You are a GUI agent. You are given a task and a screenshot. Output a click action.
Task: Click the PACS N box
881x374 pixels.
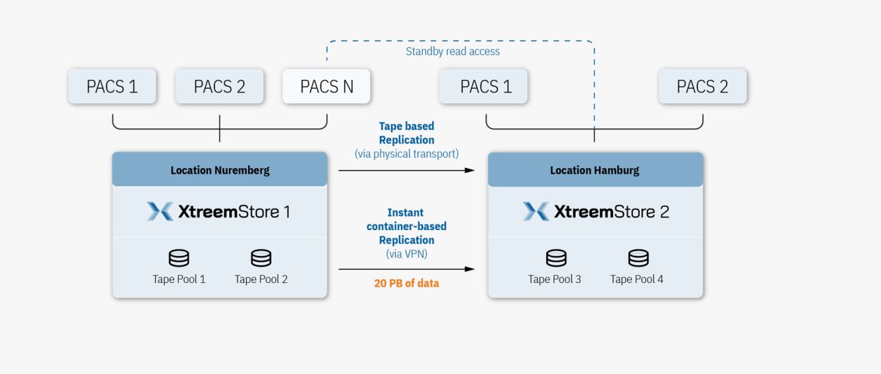point(326,86)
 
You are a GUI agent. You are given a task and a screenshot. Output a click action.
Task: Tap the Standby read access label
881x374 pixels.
point(452,52)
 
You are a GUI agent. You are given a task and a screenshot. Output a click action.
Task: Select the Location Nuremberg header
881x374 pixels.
point(220,169)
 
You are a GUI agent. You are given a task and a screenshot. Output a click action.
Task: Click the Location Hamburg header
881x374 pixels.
point(595,169)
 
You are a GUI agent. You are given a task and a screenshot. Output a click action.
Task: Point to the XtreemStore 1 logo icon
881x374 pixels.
point(160,212)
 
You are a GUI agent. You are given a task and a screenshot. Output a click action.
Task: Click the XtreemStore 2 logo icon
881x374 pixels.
point(536,212)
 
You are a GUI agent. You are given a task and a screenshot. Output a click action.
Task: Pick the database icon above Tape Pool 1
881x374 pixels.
point(179,258)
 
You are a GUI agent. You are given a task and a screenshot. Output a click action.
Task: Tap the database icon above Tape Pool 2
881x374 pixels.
point(261,258)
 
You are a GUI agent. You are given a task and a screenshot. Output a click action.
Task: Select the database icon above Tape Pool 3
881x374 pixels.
point(556,258)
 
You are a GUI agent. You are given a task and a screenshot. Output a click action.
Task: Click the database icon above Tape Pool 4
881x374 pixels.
point(639,258)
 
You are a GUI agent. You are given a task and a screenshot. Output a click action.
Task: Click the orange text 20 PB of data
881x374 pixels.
point(406,284)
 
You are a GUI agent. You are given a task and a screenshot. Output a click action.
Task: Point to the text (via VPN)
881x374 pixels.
point(406,254)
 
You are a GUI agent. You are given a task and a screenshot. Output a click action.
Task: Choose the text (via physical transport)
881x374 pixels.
point(406,154)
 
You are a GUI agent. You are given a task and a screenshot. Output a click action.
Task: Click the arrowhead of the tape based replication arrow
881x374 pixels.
point(469,171)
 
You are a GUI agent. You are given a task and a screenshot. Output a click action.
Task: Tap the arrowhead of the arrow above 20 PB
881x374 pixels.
point(469,270)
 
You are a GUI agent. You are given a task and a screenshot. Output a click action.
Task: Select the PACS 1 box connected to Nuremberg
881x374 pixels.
point(112,86)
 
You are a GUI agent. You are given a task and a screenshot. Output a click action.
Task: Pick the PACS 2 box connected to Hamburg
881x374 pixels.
point(703,86)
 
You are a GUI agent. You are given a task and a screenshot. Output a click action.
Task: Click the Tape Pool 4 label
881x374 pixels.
point(636,279)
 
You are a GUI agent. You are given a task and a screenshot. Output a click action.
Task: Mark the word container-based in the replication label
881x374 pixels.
point(406,227)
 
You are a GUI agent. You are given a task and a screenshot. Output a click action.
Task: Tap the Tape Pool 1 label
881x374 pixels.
point(179,279)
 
